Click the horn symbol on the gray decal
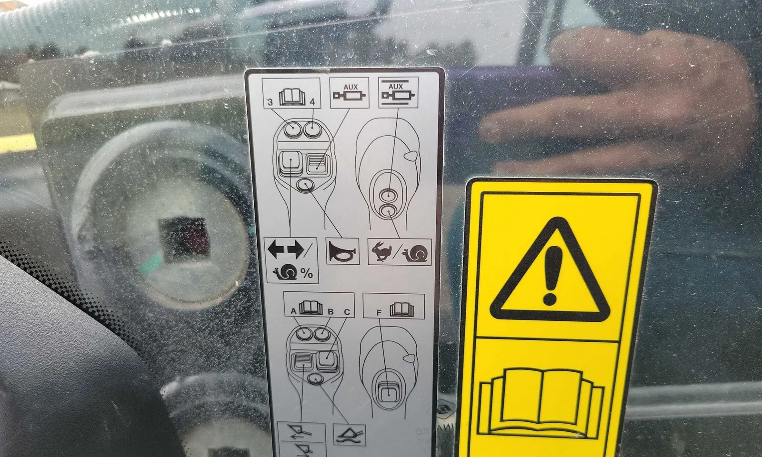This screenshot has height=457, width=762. [x=342, y=251]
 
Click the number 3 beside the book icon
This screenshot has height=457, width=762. [x=270, y=102]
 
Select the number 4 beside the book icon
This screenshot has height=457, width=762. [x=312, y=102]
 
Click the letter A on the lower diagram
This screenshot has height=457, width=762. [x=293, y=311]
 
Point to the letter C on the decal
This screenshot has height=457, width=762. [x=347, y=312]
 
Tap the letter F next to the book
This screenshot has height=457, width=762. [x=379, y=313]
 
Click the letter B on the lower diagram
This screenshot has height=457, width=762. [x=331, y=311]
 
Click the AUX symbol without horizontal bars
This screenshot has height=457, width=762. [x=350, y=92]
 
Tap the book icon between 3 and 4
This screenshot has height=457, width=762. [x=291, y=97]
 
